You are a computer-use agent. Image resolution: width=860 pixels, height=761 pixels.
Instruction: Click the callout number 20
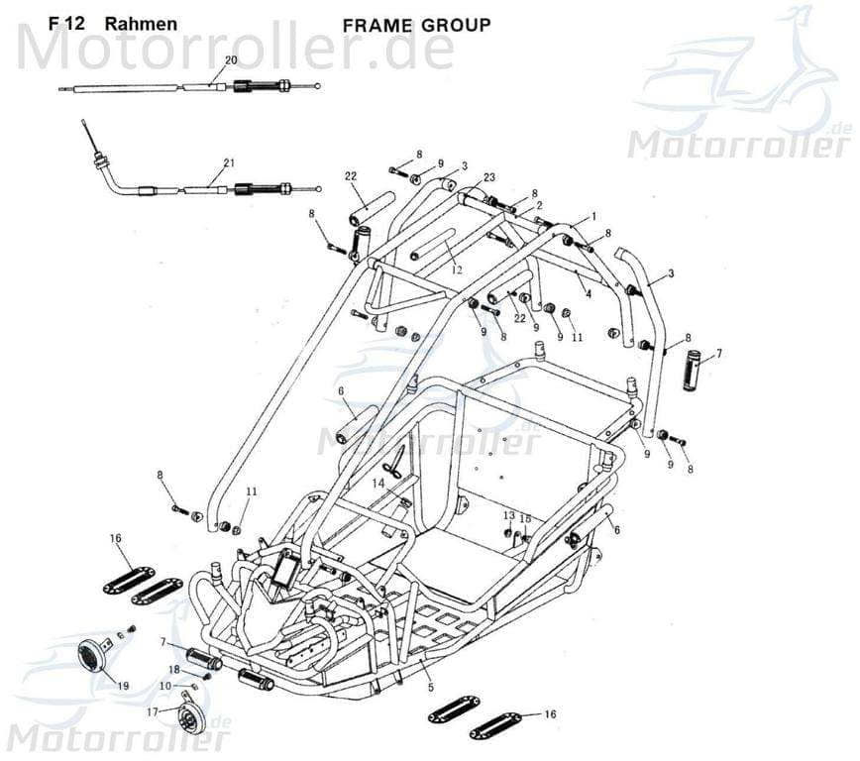[231, 60]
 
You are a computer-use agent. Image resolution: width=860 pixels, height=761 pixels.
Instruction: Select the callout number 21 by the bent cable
[229, 163]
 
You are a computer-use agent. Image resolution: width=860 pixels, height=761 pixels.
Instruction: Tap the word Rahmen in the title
[141, 24]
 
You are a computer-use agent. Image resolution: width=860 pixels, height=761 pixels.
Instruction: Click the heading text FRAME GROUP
[416, 25]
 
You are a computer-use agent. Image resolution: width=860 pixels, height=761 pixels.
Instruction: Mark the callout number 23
[488, 177]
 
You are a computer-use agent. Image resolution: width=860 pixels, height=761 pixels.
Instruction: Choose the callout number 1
[593, 215]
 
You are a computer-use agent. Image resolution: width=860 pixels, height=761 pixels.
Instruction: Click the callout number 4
[588, 292]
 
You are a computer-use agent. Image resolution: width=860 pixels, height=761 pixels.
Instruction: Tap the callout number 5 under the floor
[429, 687]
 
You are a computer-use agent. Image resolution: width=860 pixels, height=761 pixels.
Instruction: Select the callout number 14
[377, 483]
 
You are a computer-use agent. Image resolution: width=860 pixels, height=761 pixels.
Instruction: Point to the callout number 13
[508, 515]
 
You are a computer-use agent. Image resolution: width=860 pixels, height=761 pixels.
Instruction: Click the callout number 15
[526, 518]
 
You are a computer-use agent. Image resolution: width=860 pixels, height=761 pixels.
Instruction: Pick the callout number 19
[123, 686]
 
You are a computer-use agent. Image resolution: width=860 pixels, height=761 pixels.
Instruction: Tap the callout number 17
[153, 711]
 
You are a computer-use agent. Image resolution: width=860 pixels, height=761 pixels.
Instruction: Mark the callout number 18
[173, 670]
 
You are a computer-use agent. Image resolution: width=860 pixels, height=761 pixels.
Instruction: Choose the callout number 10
[165, 686]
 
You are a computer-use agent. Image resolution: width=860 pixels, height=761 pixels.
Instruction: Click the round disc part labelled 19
[94, 655]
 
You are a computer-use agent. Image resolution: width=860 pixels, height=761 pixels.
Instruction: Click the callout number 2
[539, 205]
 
